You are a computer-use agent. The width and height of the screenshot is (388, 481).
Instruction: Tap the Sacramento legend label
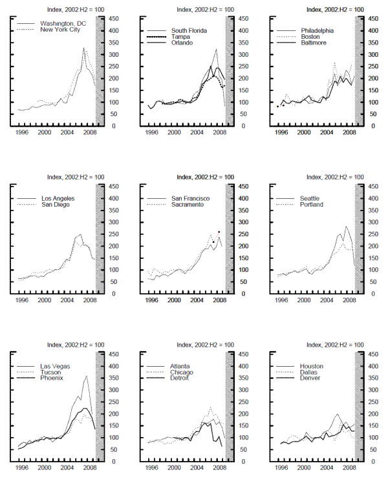pos(188,204)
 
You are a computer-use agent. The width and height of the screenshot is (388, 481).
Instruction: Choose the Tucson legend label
pos(52,372)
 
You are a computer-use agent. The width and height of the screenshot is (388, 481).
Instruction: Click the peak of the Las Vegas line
pos(86,376)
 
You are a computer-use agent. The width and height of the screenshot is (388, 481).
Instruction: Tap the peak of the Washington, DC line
pos(83,48)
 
